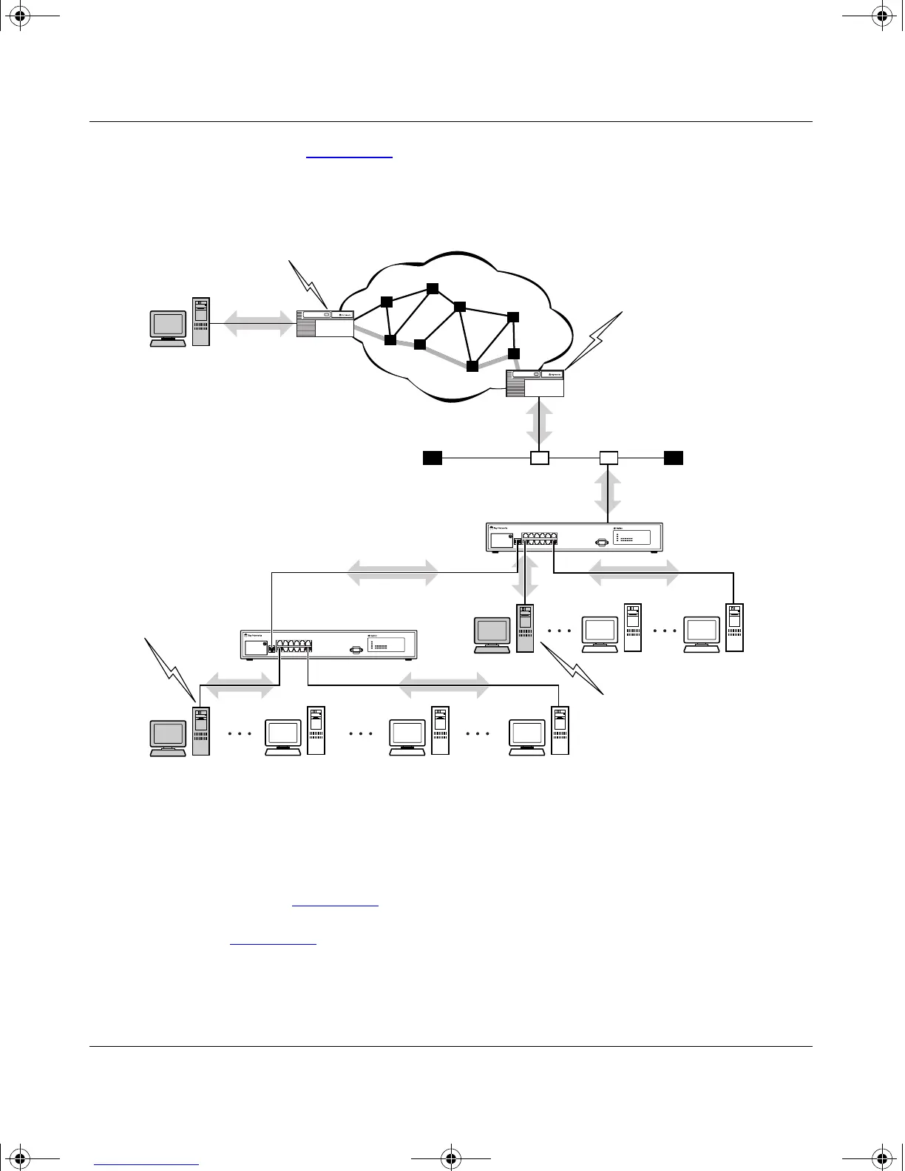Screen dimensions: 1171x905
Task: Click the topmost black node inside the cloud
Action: [x=433, y=288]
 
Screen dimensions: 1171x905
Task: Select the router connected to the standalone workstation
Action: [x=325, y=324]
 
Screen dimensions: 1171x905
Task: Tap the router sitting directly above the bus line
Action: [x=535, y=383]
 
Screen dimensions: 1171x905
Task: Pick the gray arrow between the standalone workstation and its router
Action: [x=253, y=322]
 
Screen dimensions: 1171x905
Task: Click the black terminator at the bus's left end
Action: [x=433, y=458]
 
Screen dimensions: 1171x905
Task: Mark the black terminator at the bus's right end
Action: [x=674, y=458]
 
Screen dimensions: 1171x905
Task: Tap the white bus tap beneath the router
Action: [x=540, y=458]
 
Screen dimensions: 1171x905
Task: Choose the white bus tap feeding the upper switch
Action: [x=608, y=458]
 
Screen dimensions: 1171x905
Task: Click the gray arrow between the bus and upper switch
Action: [x=608, y=492]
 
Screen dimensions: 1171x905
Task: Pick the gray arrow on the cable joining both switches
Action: [x=393, y=572]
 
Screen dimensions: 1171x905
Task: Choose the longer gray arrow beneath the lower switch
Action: [x=444, y=685]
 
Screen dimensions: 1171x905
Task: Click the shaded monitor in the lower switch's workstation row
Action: [x=168, y=735]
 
